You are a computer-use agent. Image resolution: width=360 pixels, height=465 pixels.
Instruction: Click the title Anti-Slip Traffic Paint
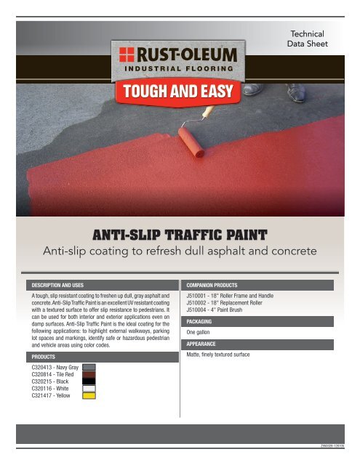[180, 234]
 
